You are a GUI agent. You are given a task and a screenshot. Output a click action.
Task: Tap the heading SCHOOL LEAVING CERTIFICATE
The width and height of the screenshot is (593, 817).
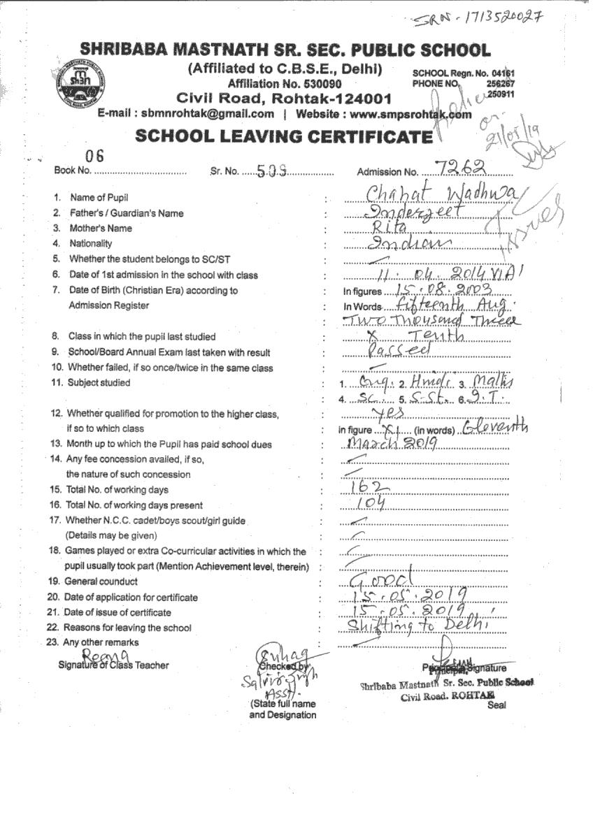[x=284, y=136]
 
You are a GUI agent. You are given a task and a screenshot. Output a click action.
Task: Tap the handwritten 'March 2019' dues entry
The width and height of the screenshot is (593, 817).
[x=392, y=444]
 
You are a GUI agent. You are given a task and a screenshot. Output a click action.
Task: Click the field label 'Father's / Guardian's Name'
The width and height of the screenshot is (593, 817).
[x=127, y=213]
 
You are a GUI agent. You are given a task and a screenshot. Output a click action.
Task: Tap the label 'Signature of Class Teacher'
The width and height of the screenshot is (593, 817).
[x=113, y=665]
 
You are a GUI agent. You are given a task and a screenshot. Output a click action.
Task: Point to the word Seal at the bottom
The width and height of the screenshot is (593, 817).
[x=496, y=705]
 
